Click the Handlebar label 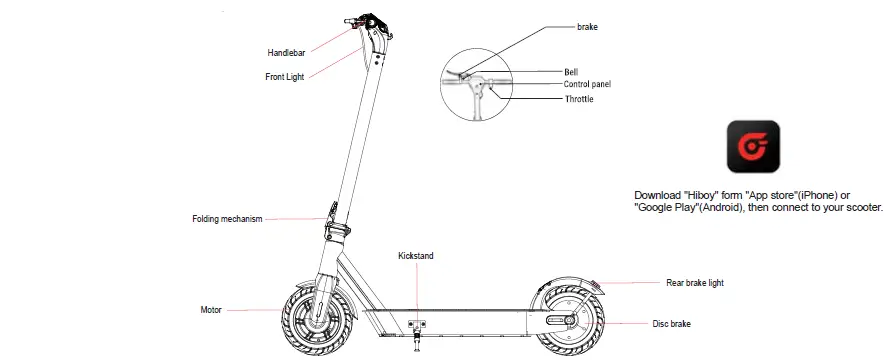click(x=287, y=51)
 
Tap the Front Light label click(x=286, y=77)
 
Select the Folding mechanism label click(x=227, y=219)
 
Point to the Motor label click(x=210, y=310)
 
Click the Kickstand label click(x=416, y=257)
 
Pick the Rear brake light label click(x=694, y=283)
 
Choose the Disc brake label click(x=672, y=323)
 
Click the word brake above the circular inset click(x=588, y=26)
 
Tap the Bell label click(x=571, y=72)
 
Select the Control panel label click(x=587, y=85)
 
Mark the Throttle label click(x=579, y=99)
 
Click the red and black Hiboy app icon click(x=753, y=147)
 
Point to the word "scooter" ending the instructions click(x=861, y=207)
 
